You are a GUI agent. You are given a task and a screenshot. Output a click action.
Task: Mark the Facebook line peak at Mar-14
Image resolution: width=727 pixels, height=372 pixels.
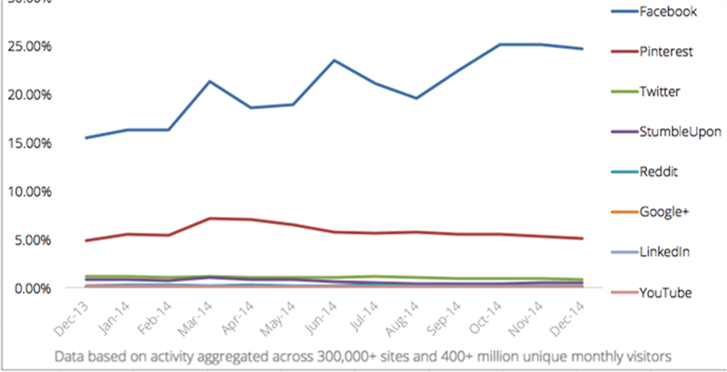[x=211, y=82]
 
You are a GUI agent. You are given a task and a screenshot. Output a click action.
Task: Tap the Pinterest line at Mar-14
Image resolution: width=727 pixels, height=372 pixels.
[x=211, y=219]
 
